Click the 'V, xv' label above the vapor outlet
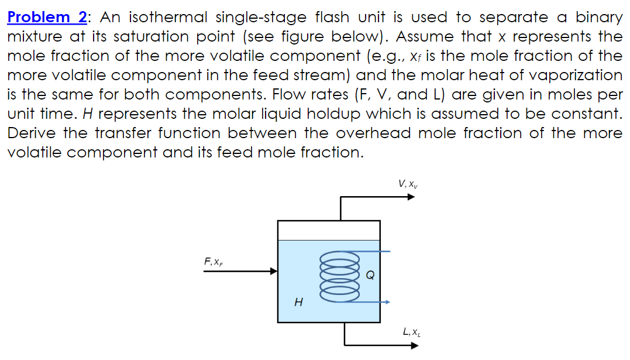tap(407, 184)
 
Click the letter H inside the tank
tap(299, 303)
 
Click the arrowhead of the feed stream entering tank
tap(273, 271)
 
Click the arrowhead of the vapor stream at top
tap(411, 197)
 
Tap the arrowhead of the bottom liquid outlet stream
tap(415, 345)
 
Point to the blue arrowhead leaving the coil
tap(387, 302)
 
